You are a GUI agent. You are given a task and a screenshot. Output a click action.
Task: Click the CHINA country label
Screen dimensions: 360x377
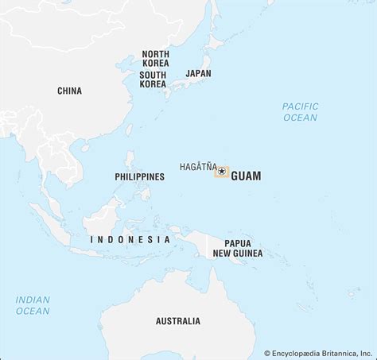(69, 91)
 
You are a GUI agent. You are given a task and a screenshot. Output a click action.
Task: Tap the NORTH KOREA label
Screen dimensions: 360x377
(155, 59)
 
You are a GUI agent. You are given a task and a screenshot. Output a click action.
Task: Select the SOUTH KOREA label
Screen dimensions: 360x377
(153, 79)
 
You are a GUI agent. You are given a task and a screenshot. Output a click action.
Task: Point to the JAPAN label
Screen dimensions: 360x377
(198, 73)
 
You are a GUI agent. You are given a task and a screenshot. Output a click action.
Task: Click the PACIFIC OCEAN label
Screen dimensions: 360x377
(300, 112)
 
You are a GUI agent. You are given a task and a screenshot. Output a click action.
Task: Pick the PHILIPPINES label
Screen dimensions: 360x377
(139, 176)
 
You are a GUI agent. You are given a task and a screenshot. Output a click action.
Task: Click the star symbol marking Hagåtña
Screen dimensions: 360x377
(221, 172)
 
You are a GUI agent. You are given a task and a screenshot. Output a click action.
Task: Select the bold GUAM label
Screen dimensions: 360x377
(246, 176)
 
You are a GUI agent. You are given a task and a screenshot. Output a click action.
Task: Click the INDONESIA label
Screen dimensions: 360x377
(130, 239)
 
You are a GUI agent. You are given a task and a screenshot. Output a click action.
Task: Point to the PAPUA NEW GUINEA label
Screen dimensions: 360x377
(231, 248)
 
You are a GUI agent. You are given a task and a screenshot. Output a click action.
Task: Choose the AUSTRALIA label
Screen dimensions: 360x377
(178, 321)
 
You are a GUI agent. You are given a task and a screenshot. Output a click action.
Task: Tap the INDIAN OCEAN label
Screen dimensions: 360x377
(33, 305)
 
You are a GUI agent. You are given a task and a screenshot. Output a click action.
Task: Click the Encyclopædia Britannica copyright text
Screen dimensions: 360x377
(318, 353)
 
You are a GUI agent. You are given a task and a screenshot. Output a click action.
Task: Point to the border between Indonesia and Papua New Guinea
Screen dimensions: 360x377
(208, 246)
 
